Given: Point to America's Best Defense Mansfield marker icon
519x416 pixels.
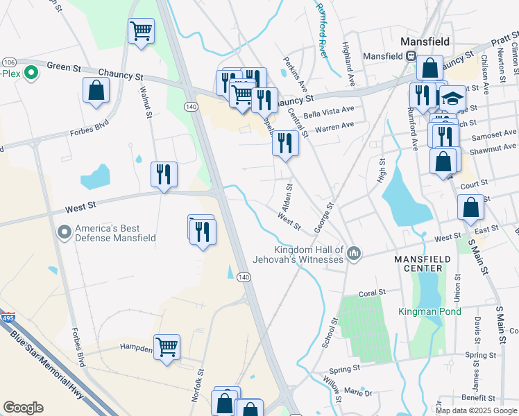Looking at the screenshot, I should pos(65,232).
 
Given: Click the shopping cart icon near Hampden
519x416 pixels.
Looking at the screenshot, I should pos(167,346).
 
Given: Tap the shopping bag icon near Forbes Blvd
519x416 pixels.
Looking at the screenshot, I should pos(96,89).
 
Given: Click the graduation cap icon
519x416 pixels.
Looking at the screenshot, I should pos(453,98).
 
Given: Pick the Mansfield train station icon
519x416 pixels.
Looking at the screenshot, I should pos(411,55).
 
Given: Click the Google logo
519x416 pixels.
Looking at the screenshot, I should pos(23,407).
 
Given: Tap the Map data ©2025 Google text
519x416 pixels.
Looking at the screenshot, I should pos(475,410).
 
